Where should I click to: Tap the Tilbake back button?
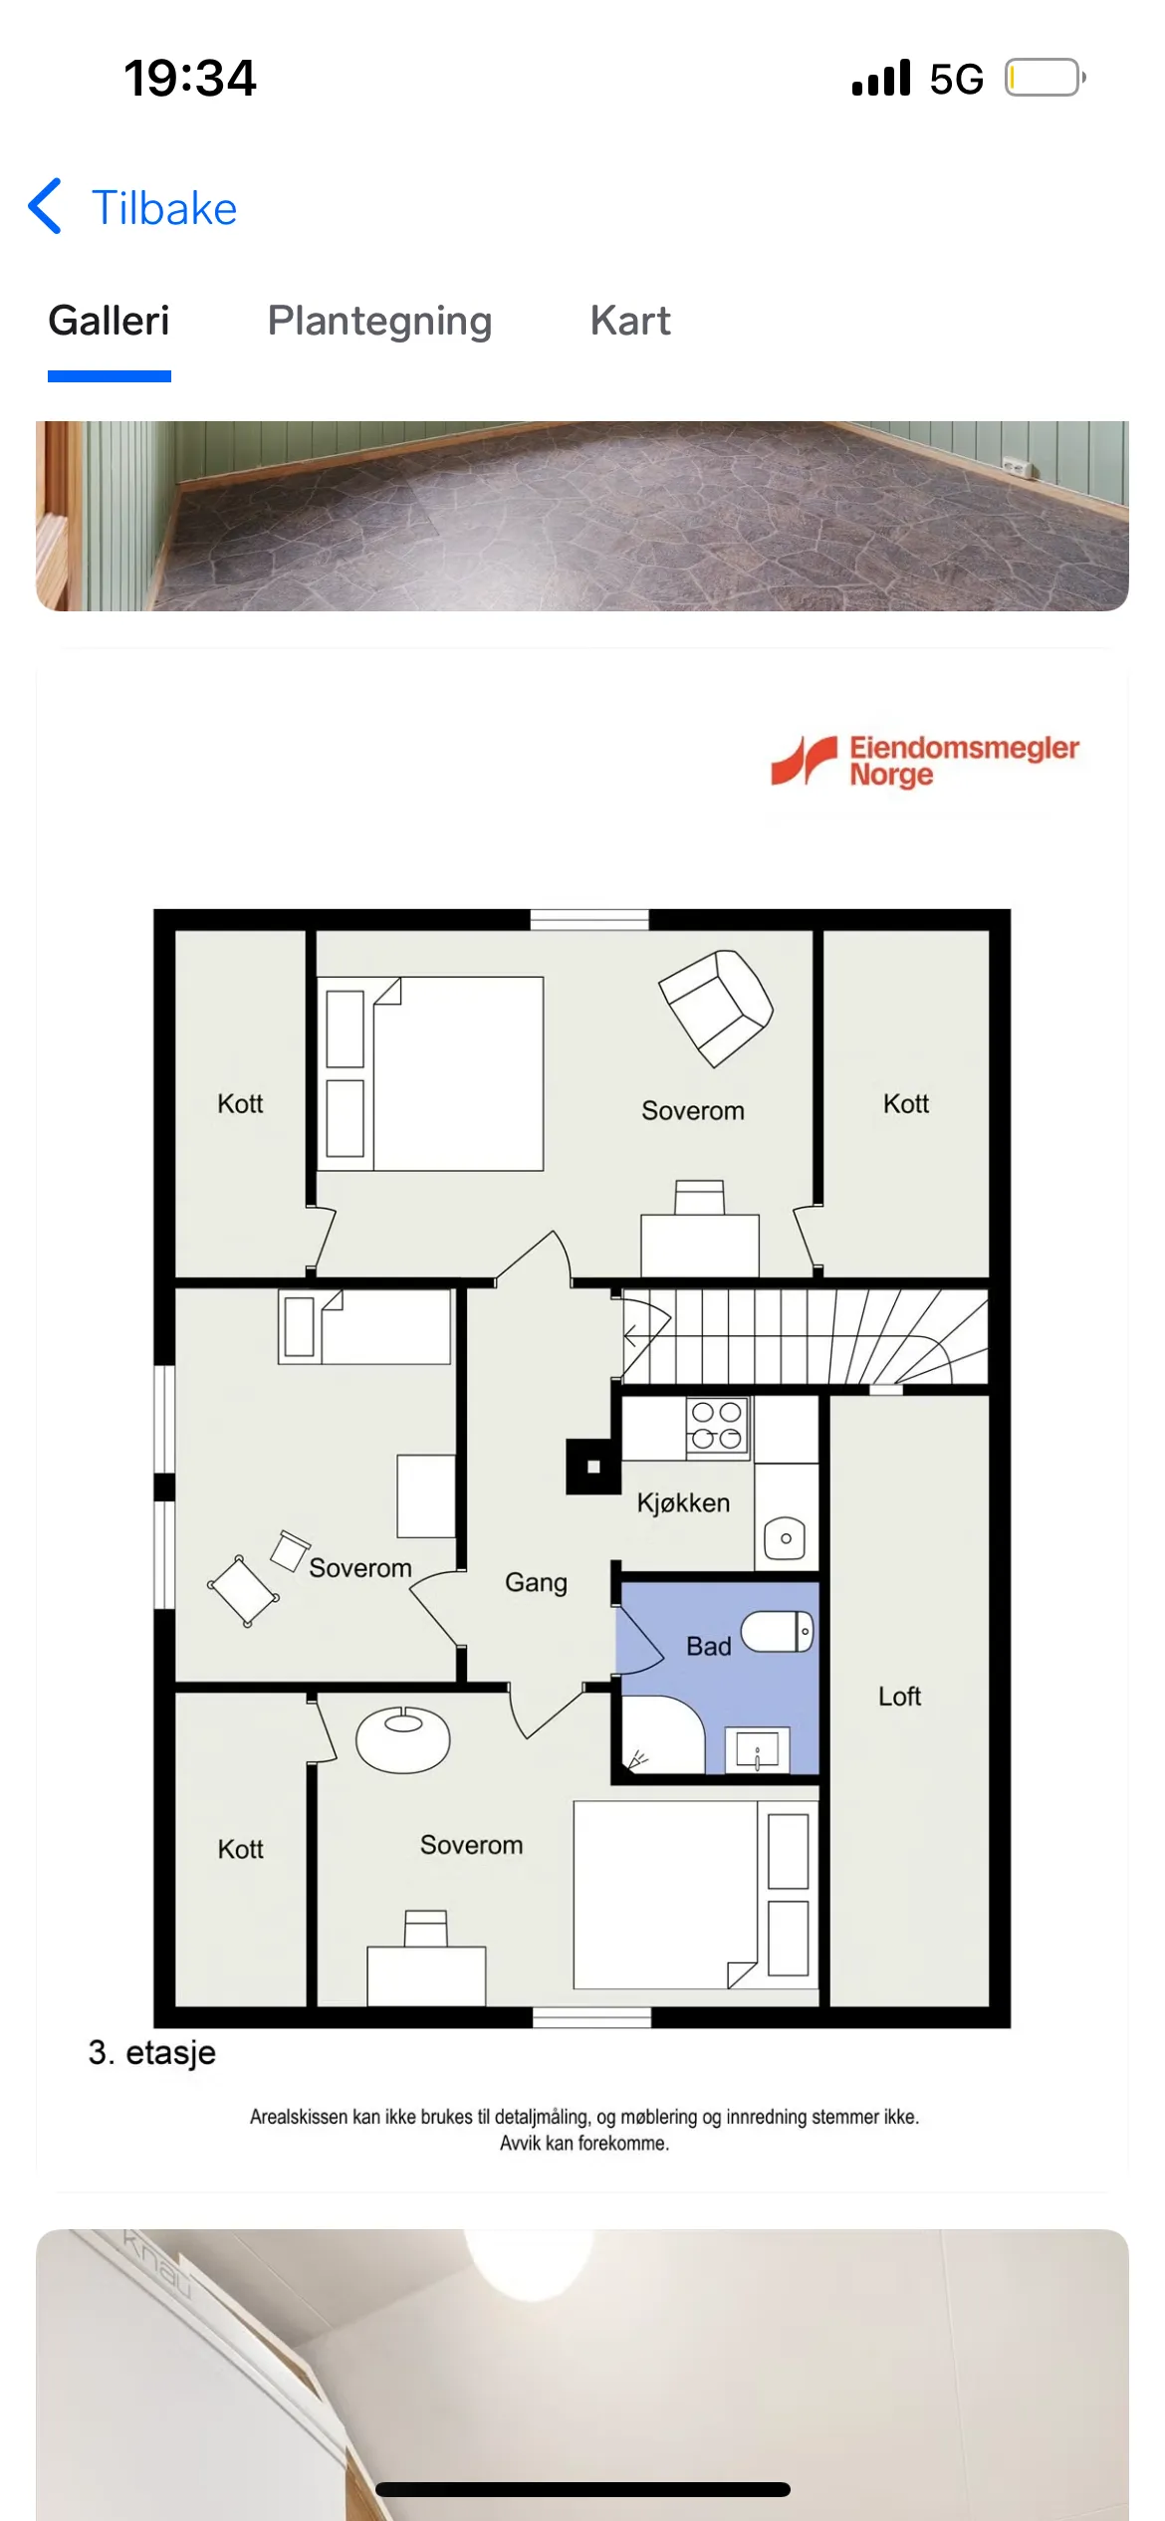tap(132, 208)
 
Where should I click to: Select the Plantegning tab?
tap(379, 322)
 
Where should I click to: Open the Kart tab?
tap(630, 321)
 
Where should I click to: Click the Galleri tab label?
tap(109, 321)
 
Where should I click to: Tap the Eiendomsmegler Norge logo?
tap(925, 762)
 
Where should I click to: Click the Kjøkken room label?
tap(683, 1502)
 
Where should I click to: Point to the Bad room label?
tap(709, 1646)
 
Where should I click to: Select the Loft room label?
tap(899, 1696)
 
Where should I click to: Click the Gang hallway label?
tap(536, 1582)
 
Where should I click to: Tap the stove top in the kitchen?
tap(717, 1426)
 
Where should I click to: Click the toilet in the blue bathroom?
tap(778, 1631)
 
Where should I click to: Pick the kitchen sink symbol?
tap(786, 1538)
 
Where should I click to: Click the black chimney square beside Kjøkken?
tap(593, 1467)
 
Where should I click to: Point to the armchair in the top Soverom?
tap(716, 1008)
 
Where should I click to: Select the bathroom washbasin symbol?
tap(758, 1749)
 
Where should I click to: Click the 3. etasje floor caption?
tap(151, 2051)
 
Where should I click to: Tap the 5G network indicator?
tap(956, 79)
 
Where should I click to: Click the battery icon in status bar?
tap(1045, 78)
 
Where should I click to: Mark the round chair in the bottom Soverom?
tap(402, 1739)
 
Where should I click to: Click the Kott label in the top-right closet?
tap(906, 1103)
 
